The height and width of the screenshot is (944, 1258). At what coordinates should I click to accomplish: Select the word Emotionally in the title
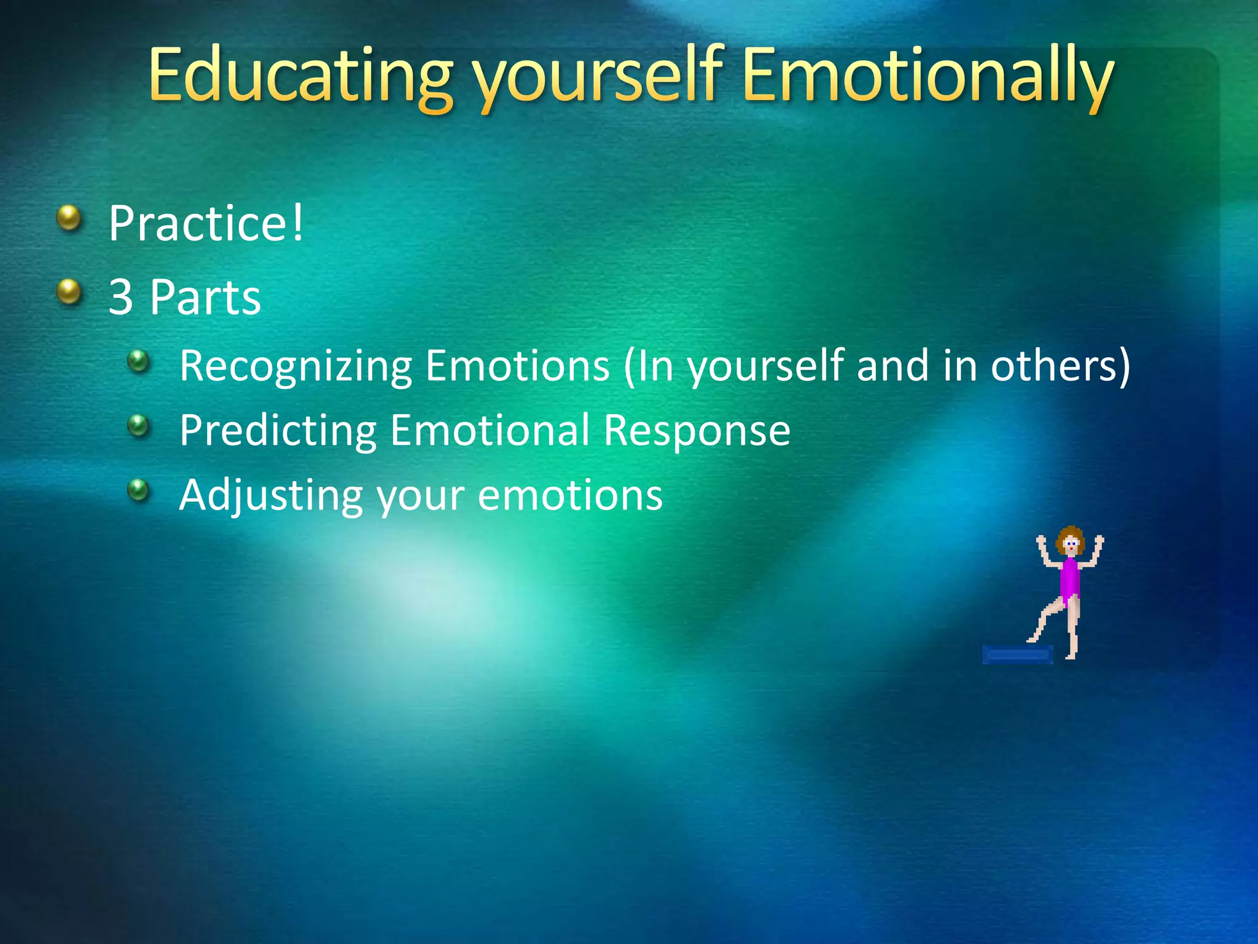click(x=928, y=77)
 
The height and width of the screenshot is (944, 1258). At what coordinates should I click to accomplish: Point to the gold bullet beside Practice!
click(x=69, y=218)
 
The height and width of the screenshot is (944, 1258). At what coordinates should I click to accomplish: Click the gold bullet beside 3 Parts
click(x=69, y=291)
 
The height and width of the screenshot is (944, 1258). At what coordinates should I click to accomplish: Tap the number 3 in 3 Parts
click(x=121, y=297)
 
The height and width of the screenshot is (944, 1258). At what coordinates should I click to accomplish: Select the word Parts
click(x=205, y=297)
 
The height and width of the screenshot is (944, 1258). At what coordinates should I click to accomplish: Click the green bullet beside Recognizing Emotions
click(x=139, y=361)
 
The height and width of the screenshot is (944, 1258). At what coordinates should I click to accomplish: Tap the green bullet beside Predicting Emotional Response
click(x=139, y=425)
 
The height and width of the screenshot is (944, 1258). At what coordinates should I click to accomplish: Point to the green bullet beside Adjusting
click(x=139, y=490)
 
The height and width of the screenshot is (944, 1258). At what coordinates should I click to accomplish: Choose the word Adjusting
click(x=271, y=495)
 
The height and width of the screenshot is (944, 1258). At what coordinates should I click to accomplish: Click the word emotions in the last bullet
click(x=570, y=495)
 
